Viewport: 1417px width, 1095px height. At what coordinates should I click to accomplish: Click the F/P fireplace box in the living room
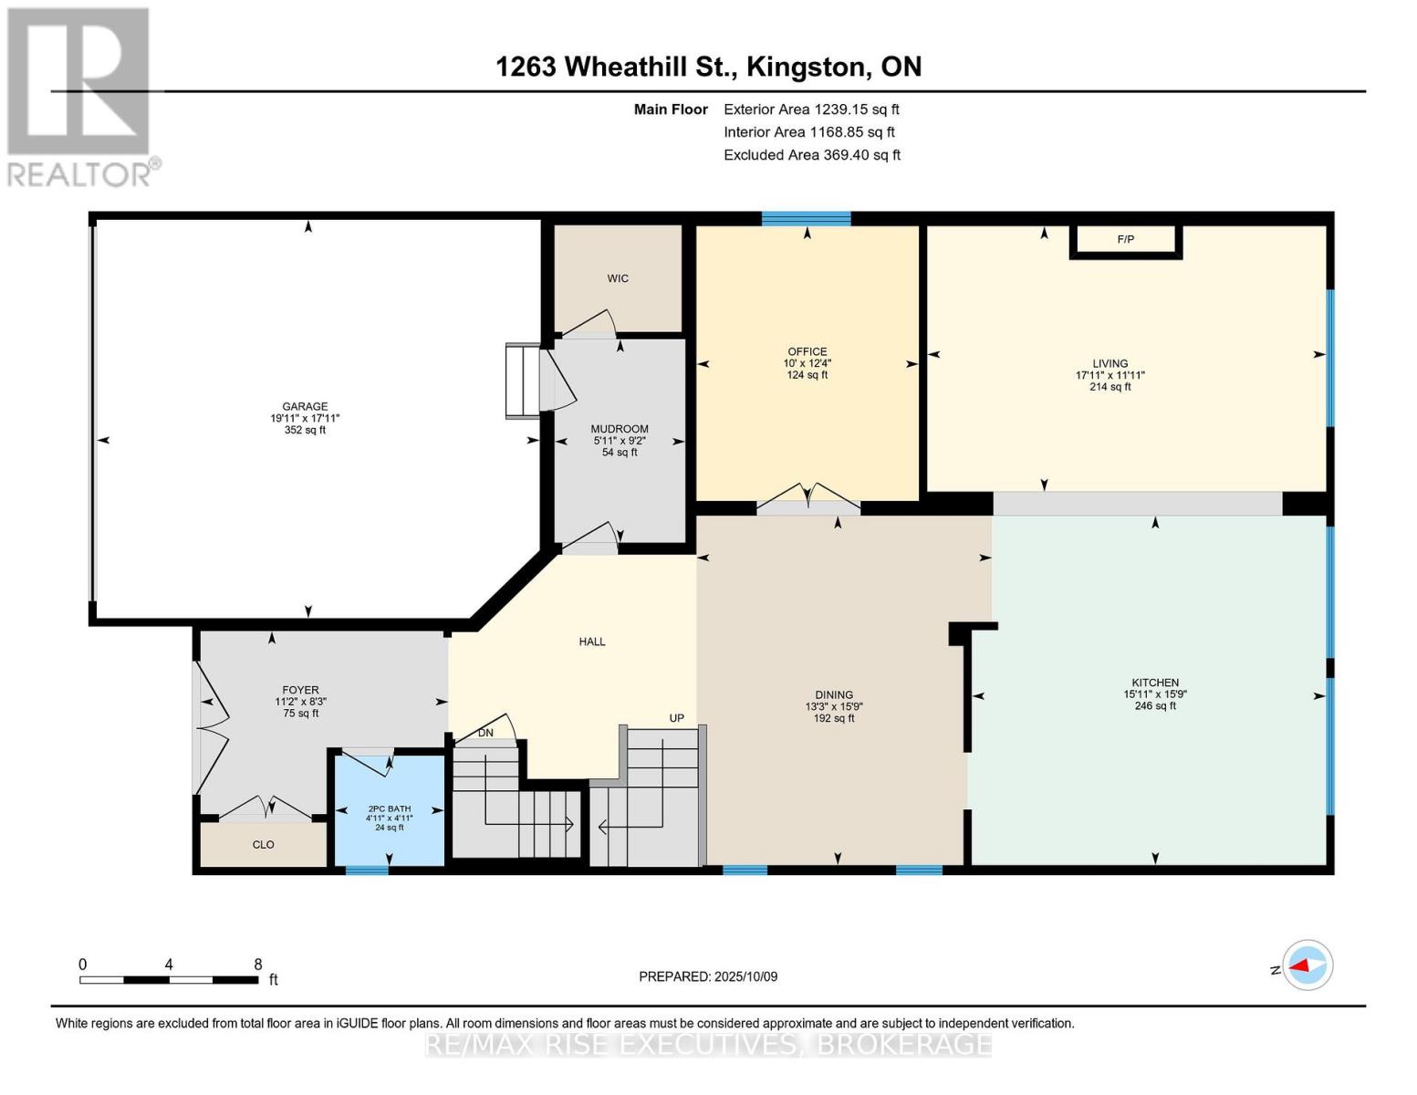[1126, 240]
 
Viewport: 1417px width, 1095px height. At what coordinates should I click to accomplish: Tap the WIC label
[618, 278]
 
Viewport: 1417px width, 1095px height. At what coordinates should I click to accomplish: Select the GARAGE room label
[305, 407]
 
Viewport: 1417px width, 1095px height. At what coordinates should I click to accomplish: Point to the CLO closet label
[264, 845]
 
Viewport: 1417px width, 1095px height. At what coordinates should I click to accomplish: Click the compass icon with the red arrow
[1308, 965]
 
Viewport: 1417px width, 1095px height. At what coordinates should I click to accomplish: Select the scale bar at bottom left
[169, 979]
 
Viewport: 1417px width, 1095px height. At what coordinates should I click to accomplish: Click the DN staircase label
[486, 733]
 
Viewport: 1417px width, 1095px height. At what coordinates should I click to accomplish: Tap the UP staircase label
[676, 718]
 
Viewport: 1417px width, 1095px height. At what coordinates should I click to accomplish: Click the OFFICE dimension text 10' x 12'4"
[807, 363]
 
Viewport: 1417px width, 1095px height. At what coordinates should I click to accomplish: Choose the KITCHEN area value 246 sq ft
[1155, 706]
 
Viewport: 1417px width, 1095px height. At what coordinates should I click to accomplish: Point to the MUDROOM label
[620, 429]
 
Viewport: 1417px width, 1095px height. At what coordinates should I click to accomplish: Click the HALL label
[592, 641]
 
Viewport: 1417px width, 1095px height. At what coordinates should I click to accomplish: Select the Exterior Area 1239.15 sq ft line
[811, 109]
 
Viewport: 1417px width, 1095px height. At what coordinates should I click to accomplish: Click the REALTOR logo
[80, 96]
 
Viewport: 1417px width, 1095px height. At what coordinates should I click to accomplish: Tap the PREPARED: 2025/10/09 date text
[708, 976]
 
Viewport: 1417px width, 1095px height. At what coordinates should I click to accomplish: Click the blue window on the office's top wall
[806, 218]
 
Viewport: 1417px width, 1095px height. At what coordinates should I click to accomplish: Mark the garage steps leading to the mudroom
[523, 381]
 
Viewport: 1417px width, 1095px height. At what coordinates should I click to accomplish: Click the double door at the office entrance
[808, 501]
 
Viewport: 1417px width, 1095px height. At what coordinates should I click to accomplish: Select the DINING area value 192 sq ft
[834, 718]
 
